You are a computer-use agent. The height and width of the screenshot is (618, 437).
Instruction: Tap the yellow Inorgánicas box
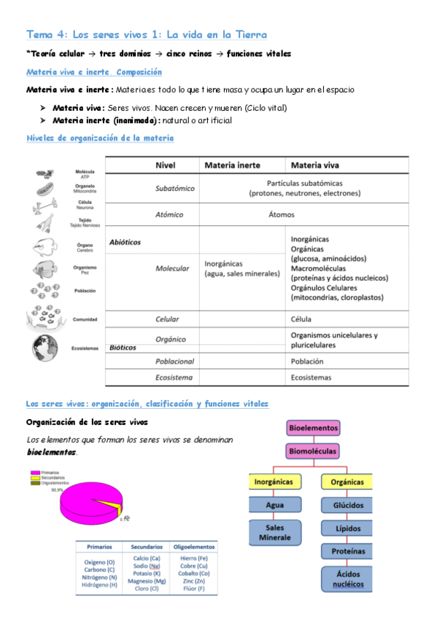click(274, 482)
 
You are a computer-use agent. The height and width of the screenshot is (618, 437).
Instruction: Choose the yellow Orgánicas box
click(347, 482)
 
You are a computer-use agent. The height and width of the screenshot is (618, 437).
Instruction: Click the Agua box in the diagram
click(274, 504)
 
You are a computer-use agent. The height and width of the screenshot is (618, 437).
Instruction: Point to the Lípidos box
click(347, 528)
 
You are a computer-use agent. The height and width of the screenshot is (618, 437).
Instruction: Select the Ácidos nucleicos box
click(347, 579)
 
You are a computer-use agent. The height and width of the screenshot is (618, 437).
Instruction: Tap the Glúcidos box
click(347, 504)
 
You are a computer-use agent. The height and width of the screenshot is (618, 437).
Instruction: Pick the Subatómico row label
click(175, 188)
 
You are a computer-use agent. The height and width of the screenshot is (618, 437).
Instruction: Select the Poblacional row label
click(174, 361)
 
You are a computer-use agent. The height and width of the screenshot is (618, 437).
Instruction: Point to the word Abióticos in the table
click(125, 241)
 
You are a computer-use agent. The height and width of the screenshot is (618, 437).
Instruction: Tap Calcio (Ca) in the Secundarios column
click(146, 558)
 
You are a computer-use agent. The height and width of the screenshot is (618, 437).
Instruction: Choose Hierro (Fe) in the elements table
click(193, 558)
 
